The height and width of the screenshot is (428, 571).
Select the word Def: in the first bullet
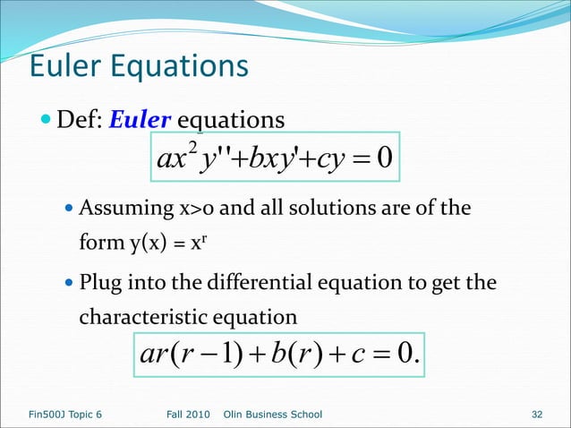[80, 120]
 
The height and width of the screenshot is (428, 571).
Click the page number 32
[537, 415]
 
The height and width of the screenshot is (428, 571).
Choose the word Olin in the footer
[234, 415]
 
